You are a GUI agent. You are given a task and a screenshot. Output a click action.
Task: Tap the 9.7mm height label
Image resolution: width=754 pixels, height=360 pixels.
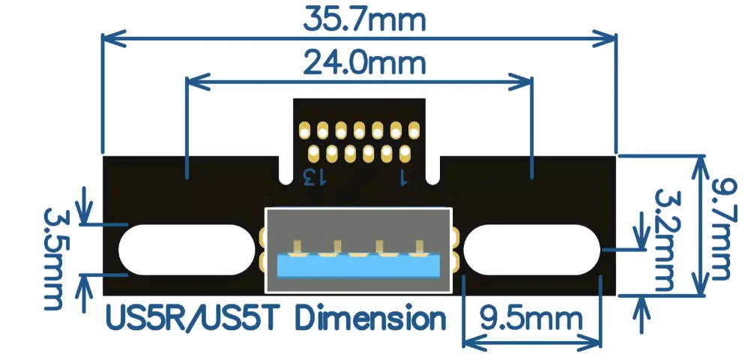722,229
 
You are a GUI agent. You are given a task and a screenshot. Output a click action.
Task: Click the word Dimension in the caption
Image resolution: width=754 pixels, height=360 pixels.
370,319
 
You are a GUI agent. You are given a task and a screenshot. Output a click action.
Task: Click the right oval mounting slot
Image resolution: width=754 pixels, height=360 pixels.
532,249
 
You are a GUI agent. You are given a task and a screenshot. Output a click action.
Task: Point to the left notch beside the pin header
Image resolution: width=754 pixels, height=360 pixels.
285,171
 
